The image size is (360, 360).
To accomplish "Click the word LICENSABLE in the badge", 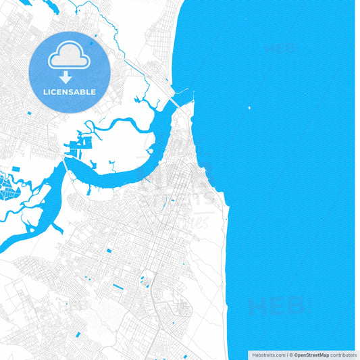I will click(70, 92).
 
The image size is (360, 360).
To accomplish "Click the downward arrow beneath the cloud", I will click(66, 76).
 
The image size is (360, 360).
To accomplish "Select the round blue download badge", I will click(70, 72).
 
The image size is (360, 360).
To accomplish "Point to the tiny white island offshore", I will click(249, 107).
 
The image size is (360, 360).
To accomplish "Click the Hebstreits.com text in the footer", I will click(269, 355).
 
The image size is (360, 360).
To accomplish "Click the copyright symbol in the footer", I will click(291, 355).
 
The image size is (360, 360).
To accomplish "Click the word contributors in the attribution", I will click(343, 355).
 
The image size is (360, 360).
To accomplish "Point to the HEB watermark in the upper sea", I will click(280, 48).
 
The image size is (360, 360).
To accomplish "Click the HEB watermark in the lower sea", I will click(276, 307).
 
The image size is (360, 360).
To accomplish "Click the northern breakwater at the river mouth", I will click(184, 90).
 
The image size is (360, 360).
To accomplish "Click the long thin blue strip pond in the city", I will click(117, 286).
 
